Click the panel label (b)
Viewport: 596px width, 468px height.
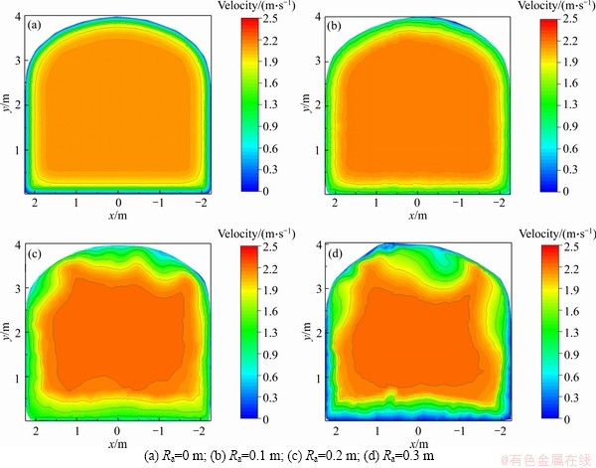335,26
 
